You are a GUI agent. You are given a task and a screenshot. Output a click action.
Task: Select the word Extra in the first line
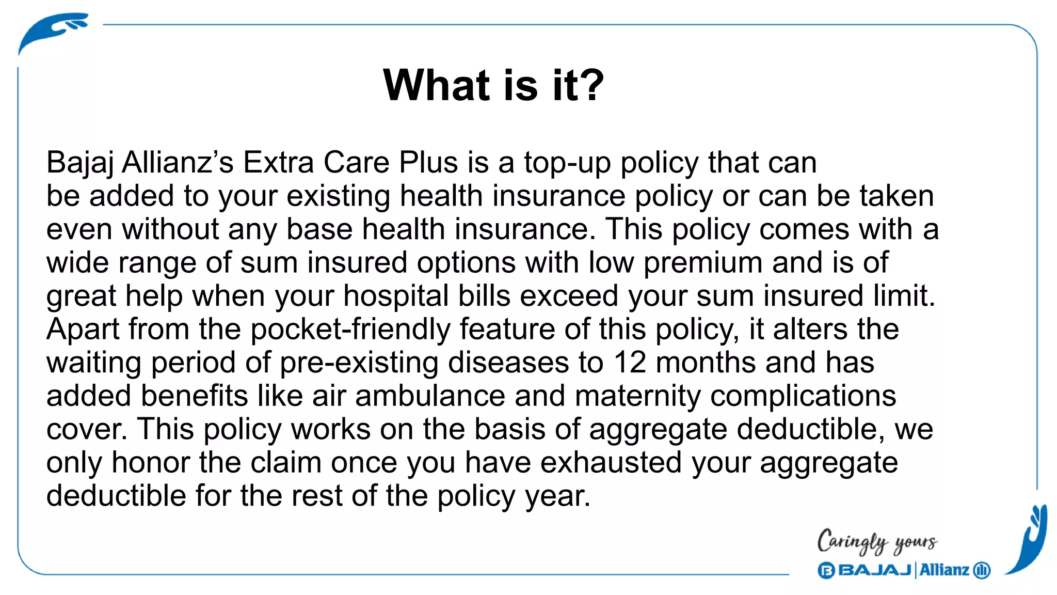[278, 162]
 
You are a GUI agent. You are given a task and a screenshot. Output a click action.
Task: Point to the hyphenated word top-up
[567, 163]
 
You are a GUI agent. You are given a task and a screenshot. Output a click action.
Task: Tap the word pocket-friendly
[350, 330]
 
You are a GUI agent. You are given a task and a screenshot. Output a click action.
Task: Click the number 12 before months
[630, 363]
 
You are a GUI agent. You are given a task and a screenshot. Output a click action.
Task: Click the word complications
[803, 397]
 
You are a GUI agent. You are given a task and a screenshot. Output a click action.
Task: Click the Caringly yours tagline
[877, 542]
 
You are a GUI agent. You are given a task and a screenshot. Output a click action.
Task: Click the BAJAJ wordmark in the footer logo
[874, 570]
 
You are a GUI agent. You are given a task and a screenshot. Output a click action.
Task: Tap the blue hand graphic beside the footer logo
[1030, 540]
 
